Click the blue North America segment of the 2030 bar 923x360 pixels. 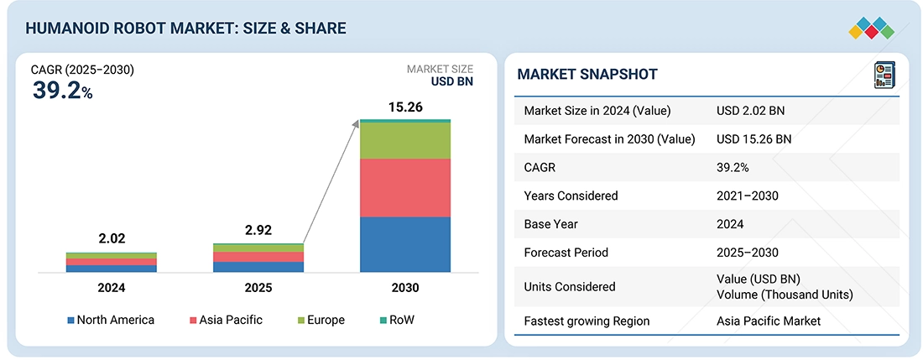[x=405, y=245]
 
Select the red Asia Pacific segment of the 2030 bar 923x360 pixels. [x=405, y=188]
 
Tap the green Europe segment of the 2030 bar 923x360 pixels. [x=405, y=141]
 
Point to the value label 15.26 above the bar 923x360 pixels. [x=405, y=108]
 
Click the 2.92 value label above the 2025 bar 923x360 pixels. [x=258, y=230]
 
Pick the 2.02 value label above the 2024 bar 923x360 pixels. [x=112, y=239]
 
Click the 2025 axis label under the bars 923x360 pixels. [x=258, y=288]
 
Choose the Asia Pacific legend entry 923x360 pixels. [x=226, y=320]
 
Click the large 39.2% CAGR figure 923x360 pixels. [x=62, y=90]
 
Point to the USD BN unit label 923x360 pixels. [x=452, y=81]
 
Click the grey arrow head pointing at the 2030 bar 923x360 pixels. [x=356, y=123]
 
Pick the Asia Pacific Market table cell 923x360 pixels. [x=769, y=321]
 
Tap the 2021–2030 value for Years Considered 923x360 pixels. [x=748, y=196]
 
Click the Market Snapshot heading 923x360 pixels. [x=587, y=74]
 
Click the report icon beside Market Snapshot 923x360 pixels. [x=884, y=76]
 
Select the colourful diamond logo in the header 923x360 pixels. [x=872, y=29]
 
